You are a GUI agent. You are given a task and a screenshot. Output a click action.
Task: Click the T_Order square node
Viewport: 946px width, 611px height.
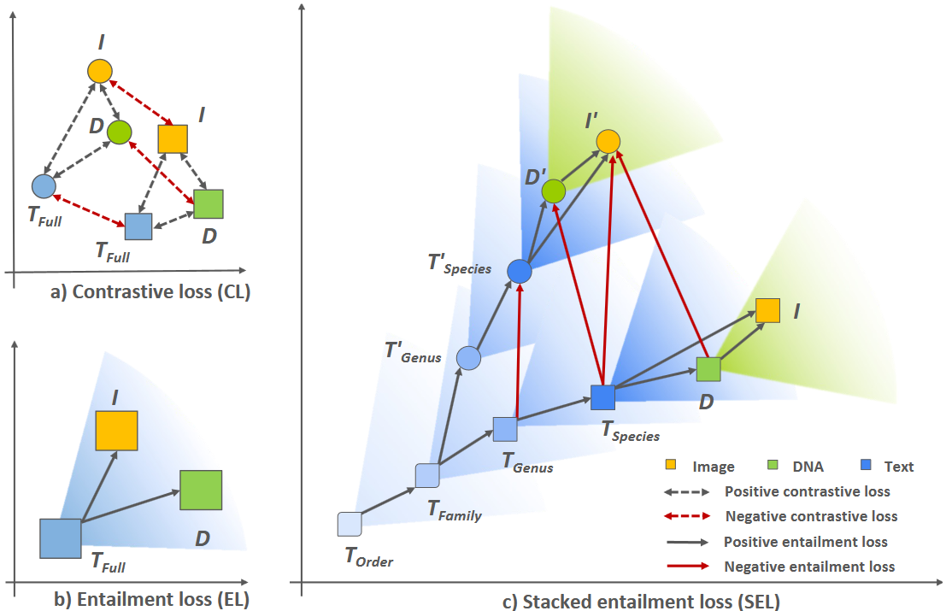tap(350, 524)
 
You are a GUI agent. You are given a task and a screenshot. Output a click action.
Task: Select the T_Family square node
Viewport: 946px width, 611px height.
tap(427, 475)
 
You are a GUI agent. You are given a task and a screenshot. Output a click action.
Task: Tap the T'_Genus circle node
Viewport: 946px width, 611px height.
tap(468, 358)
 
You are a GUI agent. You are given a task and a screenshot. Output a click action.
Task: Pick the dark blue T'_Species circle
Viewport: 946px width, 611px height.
tap(520, 271)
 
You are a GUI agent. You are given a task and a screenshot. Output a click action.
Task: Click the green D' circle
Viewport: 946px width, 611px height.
tap(554, 191)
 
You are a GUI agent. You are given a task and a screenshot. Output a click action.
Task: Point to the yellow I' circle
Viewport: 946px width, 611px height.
tap(608, 142)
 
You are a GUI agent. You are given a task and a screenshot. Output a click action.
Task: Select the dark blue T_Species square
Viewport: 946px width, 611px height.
tap(603, 397)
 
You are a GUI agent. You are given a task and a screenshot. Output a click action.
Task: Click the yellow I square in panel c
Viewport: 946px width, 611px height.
tap(767, 310)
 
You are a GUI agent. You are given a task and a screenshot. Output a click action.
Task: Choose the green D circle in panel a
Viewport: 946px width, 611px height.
tap(119, 132)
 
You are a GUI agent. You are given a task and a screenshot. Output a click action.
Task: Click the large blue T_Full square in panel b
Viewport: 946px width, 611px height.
tap(60, 538)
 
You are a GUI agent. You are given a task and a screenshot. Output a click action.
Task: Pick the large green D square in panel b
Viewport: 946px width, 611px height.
tap(201, 491)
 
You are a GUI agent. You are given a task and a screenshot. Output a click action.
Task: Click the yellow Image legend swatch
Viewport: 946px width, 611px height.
tap(672, 466)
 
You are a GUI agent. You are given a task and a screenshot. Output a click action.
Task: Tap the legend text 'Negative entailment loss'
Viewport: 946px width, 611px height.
tap(809, 567)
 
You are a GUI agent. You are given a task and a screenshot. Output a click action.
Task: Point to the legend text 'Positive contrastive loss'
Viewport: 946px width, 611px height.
tap(807, 491)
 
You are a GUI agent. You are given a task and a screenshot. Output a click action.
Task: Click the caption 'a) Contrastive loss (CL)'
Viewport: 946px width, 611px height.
tap(150, 292)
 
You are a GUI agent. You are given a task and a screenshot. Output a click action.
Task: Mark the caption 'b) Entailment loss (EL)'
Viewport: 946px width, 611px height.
tap(151, 600)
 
